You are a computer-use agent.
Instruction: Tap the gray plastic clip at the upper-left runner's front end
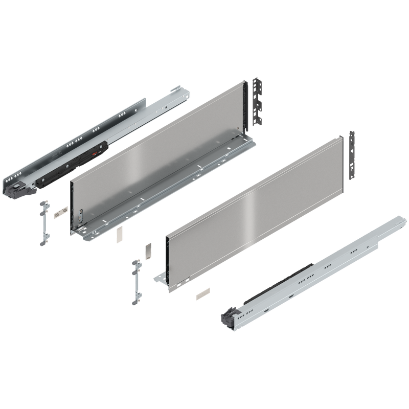point(18,187)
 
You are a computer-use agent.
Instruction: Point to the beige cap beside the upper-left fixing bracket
point(63,210)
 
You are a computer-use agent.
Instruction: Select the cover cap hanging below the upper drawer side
point(119,234)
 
